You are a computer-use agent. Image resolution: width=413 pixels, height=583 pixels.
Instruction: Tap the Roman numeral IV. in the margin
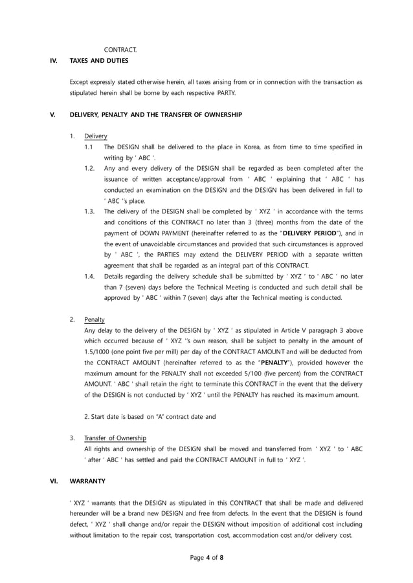54,61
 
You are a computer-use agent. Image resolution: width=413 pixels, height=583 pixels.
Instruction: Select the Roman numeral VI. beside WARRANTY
54,481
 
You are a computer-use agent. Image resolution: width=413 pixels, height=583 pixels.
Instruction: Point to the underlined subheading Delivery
96,136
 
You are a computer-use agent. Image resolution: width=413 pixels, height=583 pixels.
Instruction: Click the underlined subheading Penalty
95,319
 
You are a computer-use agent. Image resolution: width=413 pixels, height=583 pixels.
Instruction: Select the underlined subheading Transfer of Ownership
115,438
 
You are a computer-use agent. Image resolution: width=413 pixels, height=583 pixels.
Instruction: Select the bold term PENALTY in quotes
276,363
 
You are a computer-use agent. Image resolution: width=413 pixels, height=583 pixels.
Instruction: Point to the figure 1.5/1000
100,352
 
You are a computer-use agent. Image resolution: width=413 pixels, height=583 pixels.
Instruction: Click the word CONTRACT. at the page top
120,50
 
